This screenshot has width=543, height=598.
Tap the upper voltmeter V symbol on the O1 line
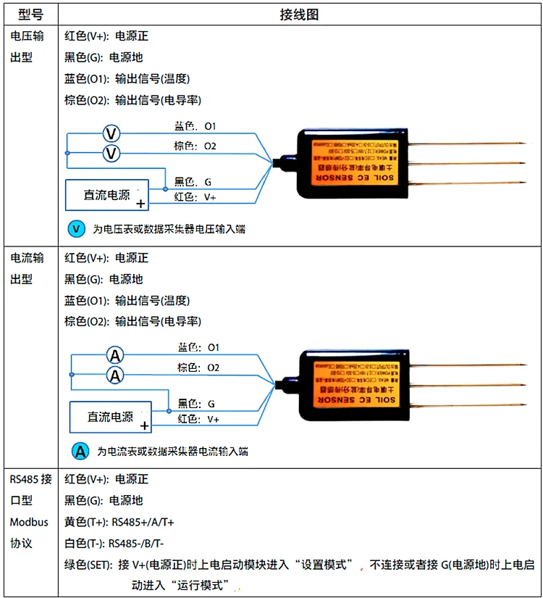tap(111, 134)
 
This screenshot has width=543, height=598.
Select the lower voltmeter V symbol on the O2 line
tap(111, 154)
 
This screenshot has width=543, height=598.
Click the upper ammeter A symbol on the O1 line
tap(115, 355)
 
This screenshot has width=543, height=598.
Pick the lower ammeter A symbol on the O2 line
tap(115, 375)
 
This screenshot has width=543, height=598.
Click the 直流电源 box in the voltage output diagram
tap(107, 195)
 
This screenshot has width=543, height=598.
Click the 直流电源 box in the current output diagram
tap(111, 417)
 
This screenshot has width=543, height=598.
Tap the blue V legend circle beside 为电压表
tap(76, 229)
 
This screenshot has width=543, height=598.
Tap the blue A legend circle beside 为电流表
tap(80, 451)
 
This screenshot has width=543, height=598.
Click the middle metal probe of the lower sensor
tap(471, 384)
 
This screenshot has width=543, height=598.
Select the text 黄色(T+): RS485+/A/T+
tap(119, 522)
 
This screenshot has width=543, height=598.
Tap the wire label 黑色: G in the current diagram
tap(196, 403)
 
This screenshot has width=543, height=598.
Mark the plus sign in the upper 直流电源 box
tap(140, 204)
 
